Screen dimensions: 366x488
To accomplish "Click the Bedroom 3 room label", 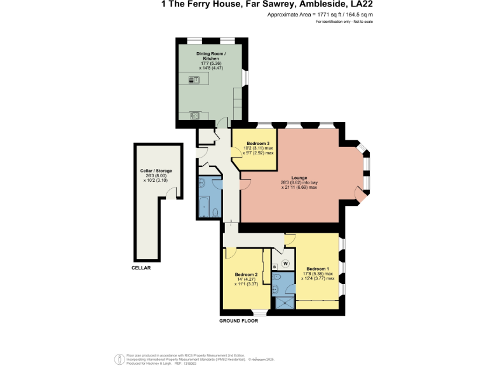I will pos(254,144).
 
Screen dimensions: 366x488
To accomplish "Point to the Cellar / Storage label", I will pos(156,171).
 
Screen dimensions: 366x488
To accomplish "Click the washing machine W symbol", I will pos(285,263).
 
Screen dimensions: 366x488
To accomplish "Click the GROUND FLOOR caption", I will pos(238,321).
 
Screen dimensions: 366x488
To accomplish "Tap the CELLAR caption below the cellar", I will pos(141,268).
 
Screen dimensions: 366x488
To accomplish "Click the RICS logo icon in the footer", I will pos(119,359).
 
